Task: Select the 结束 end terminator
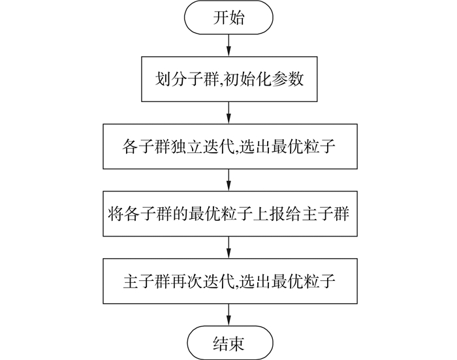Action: pos(228,342)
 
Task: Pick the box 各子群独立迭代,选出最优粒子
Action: pos(228,147)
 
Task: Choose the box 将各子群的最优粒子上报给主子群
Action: pos(228,212)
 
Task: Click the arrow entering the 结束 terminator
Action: pos(228,315)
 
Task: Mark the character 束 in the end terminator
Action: pos(237,342)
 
